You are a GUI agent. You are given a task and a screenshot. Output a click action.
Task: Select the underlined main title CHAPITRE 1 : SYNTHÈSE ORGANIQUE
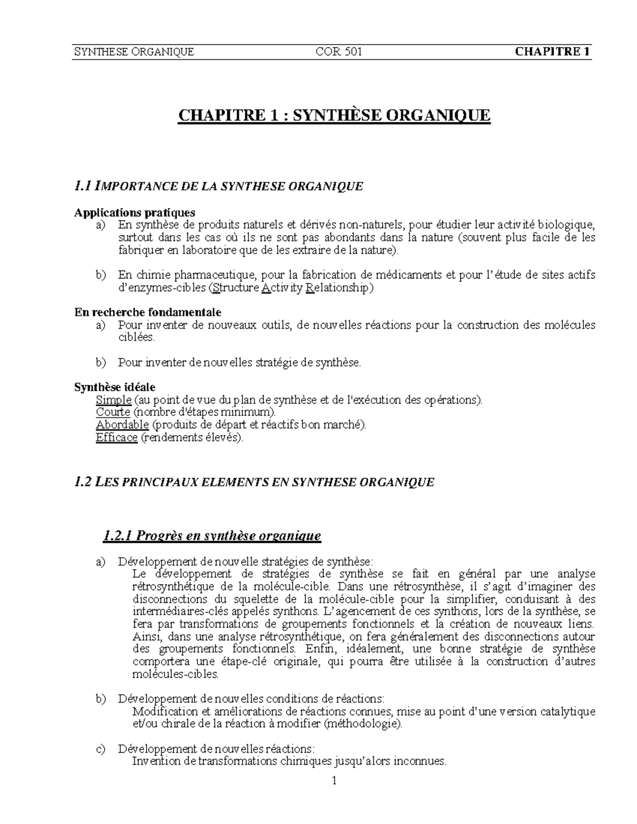point(334,115)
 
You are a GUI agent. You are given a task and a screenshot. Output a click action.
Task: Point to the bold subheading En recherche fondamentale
point(148,312)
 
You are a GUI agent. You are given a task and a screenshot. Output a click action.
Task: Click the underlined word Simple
point(113,400)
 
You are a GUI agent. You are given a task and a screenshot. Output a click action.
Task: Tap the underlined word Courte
point(113,412)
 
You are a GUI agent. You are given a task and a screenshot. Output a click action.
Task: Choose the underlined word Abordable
point(122,425)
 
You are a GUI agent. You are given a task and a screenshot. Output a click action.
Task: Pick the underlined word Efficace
point(117,438)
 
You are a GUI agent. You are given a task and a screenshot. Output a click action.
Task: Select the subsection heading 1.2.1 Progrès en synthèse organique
point(212,535)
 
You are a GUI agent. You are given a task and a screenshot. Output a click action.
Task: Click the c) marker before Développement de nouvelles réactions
point(100,749)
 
